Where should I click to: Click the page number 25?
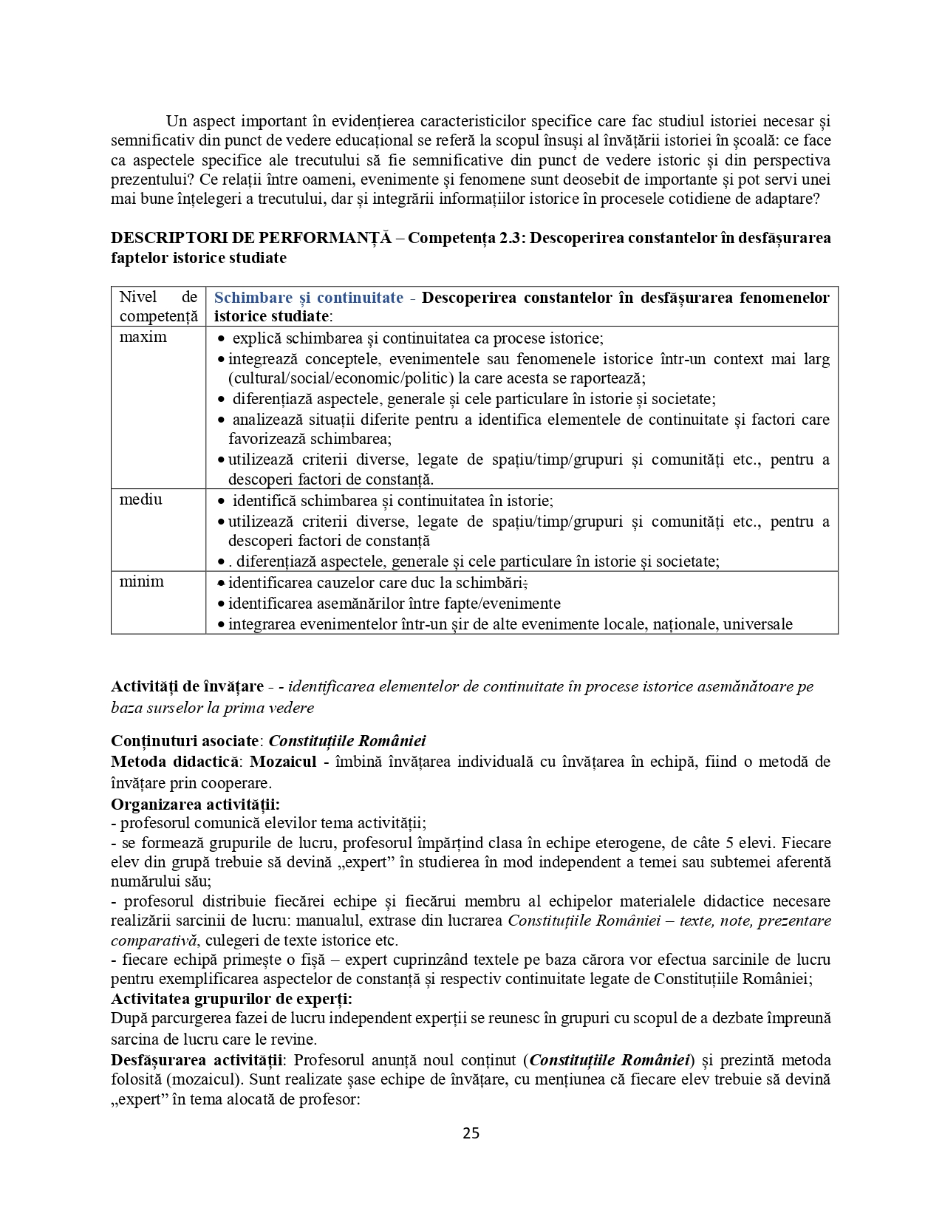[471, 1133]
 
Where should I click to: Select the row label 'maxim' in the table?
[143, 338]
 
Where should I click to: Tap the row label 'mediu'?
[141, 499]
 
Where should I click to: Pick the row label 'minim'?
[142, 581]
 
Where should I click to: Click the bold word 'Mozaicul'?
[284, 762]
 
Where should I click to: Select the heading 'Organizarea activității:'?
[195, 804]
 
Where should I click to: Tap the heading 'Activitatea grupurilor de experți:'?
[231, 999]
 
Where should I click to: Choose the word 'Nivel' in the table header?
[138, 297]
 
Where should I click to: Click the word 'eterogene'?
[628, 843]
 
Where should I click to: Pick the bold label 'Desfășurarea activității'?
[197, 1060]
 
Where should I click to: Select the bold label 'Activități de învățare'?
[187, 686]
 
